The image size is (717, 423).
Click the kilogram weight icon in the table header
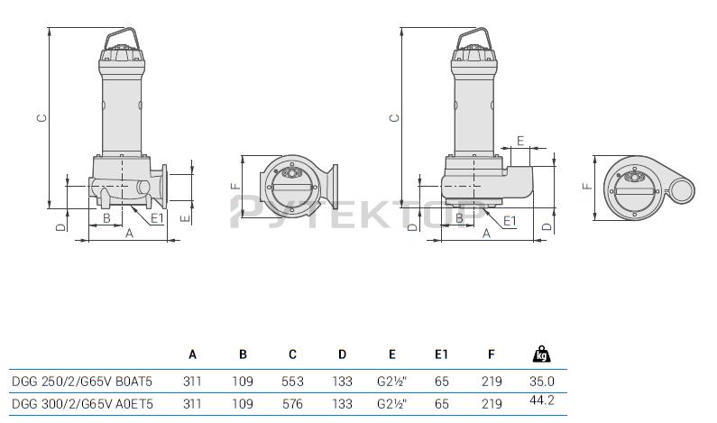(541, 354)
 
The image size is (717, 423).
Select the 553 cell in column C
(292, 381)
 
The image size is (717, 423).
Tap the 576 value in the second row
(292, 404)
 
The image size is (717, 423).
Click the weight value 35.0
(542, 381)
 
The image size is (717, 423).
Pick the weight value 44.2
(542, 400)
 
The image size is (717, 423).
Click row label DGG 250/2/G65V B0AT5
(82, 381)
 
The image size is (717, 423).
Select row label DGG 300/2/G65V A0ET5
(82, 404)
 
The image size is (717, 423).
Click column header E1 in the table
(441, 354)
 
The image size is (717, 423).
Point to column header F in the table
(492, 354)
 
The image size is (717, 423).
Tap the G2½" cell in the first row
(392, 381)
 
